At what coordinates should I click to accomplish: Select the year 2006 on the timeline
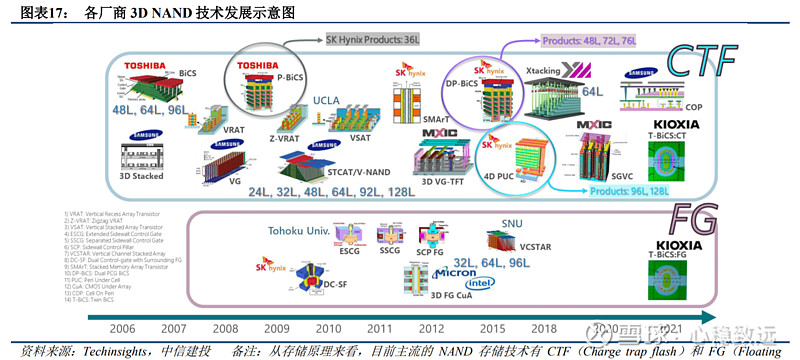tap(122, 328)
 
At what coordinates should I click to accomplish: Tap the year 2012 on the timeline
tap(432, 328)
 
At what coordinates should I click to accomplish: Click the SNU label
tap(511, 222)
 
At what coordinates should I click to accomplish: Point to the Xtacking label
tap(546, 71)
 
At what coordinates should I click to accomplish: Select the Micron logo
tap(454, 273)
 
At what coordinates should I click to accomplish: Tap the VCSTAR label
tap(537, 244)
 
